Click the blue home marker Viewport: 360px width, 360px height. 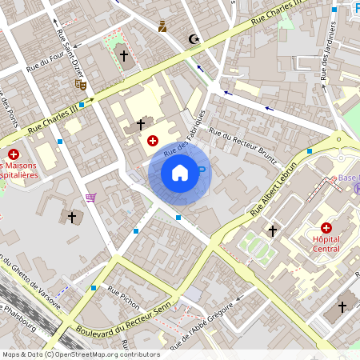click(180, 172)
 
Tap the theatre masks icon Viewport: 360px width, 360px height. click(80, 84)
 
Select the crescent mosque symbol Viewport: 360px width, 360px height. click(193, 38)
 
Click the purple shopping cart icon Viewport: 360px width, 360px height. click(91, 197)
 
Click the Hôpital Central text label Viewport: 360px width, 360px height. click(326, 244)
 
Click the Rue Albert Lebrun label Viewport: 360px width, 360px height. click(274, 189)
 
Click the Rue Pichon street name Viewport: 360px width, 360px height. click(123, 297)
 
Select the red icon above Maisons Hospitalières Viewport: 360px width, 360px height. click(13, 154)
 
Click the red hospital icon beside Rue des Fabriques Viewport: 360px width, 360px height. click(152, 141)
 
